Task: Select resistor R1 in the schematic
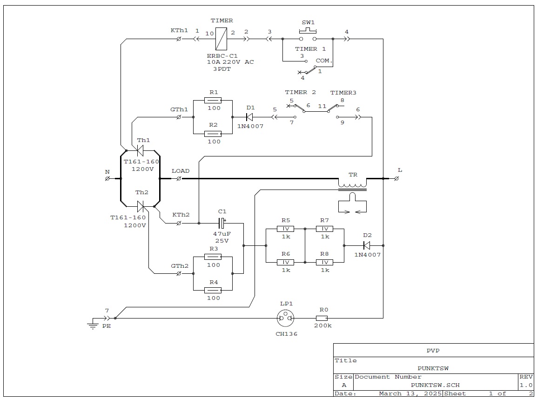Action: tap(213, 100)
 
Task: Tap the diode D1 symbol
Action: tap(249, 117)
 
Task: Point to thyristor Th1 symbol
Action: tap(140, 150)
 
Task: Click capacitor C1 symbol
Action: tap(222, 223)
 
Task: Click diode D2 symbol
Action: tap(367, 245)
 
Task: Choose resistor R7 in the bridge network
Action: tap(324, 229)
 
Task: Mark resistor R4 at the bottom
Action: tap(213, 290)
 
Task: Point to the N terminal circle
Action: tap(107, 178)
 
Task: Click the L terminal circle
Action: tap(396, 178)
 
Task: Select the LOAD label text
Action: tap(181, 171)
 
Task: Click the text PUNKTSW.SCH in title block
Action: tap(435, 385)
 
